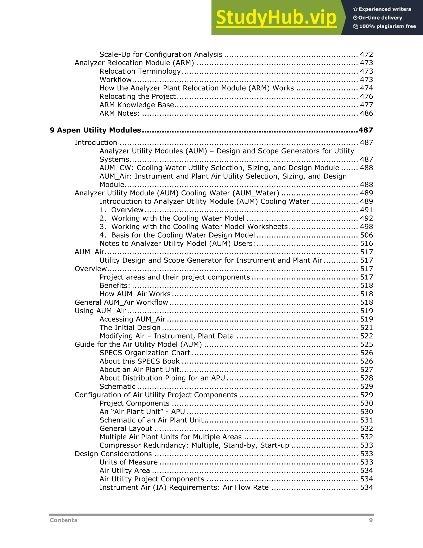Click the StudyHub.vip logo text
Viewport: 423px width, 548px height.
[x=276, y=18]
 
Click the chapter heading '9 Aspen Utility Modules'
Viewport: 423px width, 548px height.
[x=95, y=130]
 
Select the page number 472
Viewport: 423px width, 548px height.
[x=366, y=54]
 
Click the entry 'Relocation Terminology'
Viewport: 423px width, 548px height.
[x=140, y=71]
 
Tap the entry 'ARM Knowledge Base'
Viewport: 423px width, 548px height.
[x=137, y=105]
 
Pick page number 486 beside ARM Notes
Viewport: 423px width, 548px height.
[x=366, y=113]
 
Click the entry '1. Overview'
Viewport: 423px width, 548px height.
[x=121, y=210]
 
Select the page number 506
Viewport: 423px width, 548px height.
[x=366, y=235]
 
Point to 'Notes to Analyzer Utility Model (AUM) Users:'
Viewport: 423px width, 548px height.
[x=177, y=243]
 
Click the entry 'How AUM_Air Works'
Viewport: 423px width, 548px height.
[x=135, y=294]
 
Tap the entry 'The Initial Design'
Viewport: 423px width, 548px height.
[x=130, y=327]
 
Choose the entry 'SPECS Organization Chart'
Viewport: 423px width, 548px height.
[x=145, y=353]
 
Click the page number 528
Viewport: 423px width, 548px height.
[x=366, y=378]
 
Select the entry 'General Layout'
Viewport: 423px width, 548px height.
[x=126, y=428]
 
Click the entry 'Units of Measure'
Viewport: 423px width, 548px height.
[x=128, y=462]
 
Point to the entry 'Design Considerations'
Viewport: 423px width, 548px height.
[x=113, y=454]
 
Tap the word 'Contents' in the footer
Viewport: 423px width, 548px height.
[x=64, y=520]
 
